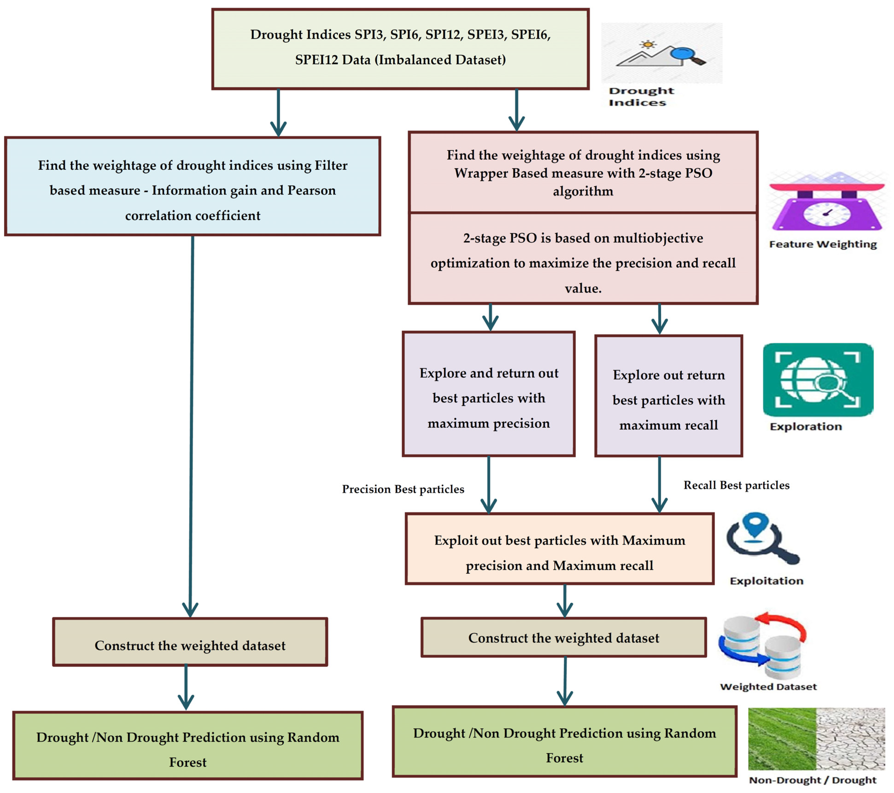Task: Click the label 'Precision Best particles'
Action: (x=403, y=489)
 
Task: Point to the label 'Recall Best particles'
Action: (x=736, y=485)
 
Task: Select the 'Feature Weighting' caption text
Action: (x=823, y=244)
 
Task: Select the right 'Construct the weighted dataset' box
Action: (x=563, y=637)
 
